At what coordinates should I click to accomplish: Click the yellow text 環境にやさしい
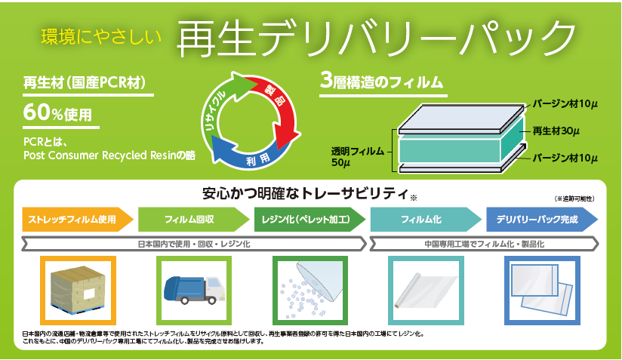(101, 36)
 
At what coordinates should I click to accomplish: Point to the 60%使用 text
(57, 112)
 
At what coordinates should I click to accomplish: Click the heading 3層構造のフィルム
(381, 82)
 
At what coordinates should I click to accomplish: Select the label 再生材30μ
(556, 131)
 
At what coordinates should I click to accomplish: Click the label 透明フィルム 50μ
(357, 157)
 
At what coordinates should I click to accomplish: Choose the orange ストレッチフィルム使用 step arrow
(78, 220)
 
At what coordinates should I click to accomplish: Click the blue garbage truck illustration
(194, 290)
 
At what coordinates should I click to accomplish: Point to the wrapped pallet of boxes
(78, 290)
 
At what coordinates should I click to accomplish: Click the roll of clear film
(426, 291)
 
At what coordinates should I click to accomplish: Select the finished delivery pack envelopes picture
(542, 291)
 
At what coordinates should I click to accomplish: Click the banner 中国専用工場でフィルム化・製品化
(484, 245)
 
